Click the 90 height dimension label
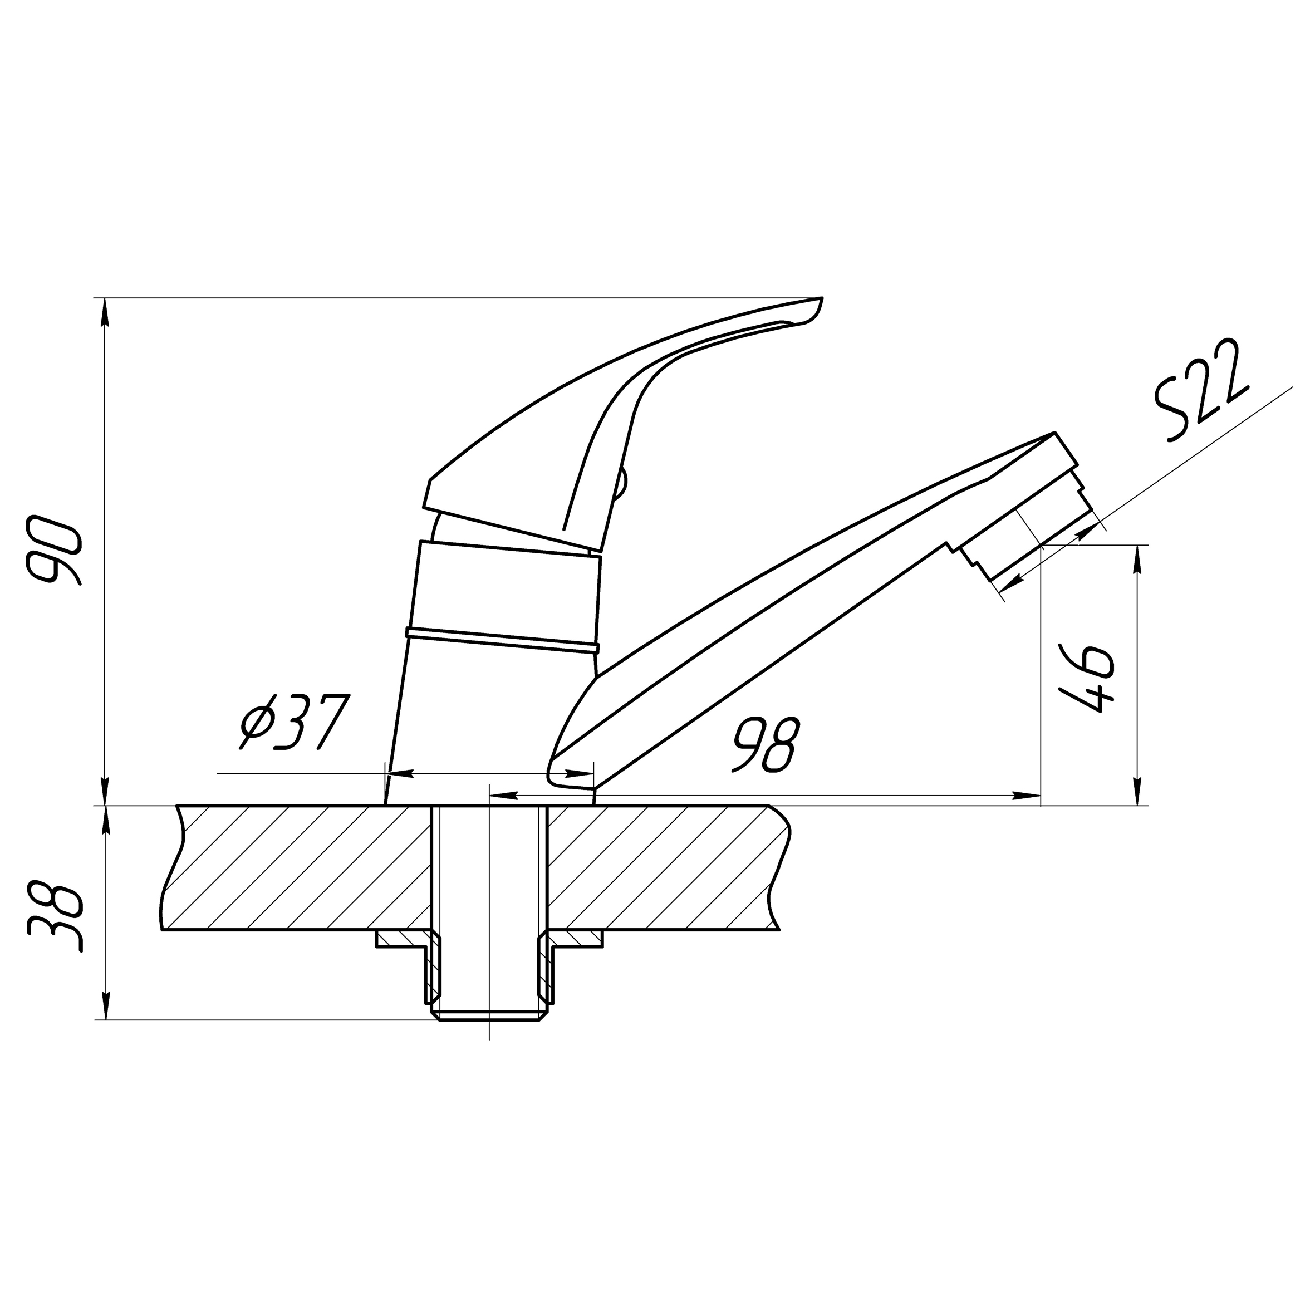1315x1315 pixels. point(53,550)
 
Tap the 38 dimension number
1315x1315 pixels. point(55,917)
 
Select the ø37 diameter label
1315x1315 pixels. point(294,722)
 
